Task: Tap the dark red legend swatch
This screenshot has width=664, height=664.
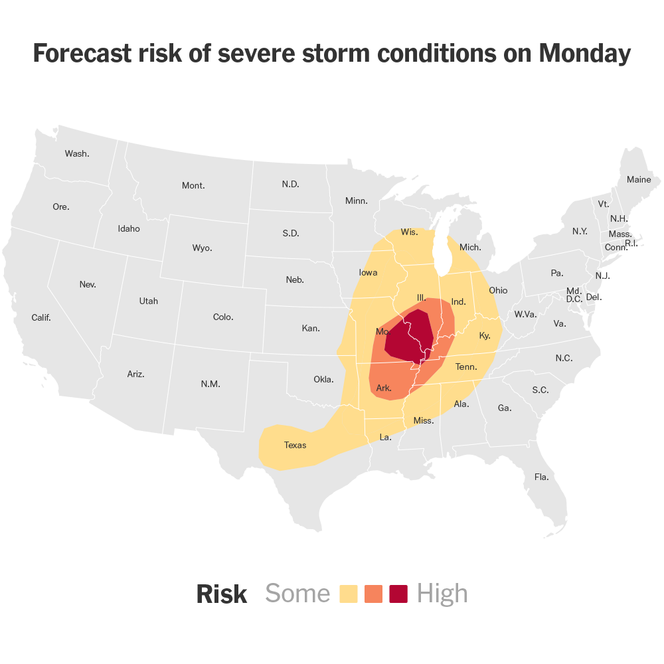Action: tap(398, 594)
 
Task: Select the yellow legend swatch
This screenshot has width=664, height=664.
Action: tap(349, 594)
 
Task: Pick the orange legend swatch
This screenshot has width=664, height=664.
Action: tap(374, 594)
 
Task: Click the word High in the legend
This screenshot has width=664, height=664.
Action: tap(442, 594)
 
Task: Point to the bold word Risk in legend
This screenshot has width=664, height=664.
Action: tap(221, 594)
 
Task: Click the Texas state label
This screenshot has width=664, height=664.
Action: tap(295, 445)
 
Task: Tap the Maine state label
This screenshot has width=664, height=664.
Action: tap(639, 179)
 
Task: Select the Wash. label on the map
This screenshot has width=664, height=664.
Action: tap(77, 153)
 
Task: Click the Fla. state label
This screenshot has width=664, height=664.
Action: tap(542, 477)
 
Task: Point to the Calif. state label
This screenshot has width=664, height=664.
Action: tap(41, 317)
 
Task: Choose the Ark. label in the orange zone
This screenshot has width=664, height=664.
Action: tap(384, 388)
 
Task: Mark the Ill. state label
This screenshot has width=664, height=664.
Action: tap(421, 297)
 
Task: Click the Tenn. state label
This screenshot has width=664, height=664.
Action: tap(466, 367)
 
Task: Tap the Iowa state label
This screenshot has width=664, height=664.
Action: tap(368, 272)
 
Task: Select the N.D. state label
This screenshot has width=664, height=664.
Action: tap(290, 184)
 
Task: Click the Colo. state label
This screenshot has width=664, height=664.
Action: tap(223, 317)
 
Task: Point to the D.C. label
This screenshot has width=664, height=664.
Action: tap(574, 299)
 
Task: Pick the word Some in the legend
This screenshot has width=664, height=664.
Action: tap(297, 594)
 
